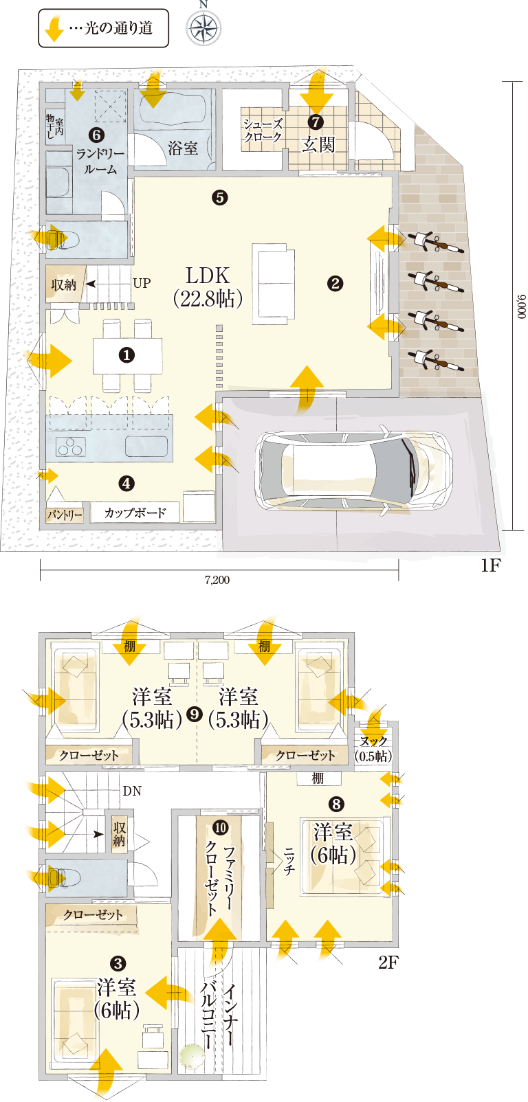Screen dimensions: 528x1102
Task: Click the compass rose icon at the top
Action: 203,27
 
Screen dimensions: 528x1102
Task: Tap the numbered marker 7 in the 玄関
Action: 316,122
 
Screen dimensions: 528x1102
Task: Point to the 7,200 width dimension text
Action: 217,580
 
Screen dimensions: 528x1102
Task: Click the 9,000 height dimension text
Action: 521,306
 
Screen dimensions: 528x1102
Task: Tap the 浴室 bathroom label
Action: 183,148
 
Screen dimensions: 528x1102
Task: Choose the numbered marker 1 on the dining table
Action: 126,355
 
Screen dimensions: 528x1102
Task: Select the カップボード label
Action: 135,513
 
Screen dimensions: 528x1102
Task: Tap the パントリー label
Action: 65,515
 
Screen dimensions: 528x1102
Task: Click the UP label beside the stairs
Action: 142,283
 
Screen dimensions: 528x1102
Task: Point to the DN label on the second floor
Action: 132,791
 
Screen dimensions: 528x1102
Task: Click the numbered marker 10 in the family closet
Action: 220,827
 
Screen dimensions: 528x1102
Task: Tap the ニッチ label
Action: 289,861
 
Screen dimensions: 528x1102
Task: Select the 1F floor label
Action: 490,565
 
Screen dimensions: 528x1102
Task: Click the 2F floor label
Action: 388,963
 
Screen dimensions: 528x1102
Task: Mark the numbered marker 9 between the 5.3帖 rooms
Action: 195,713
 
